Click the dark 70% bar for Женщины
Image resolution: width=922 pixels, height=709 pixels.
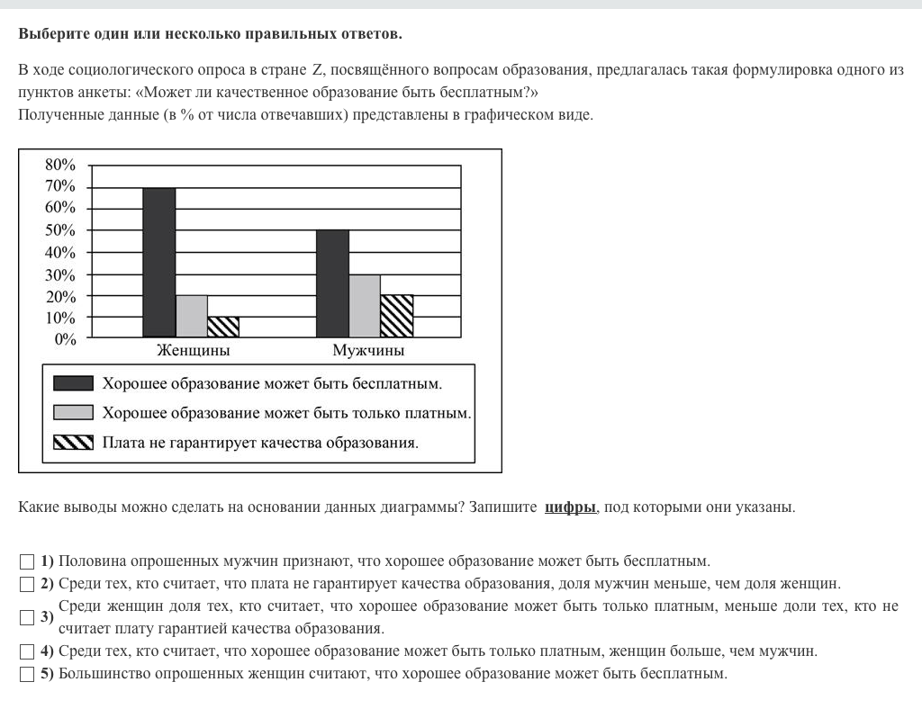159,262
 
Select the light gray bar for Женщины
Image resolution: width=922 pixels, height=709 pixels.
191,316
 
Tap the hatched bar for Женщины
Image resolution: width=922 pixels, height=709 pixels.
222,327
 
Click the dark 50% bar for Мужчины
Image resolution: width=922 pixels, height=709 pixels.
332,283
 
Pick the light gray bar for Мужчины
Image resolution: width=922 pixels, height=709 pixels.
365,306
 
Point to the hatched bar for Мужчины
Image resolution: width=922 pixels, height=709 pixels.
396,316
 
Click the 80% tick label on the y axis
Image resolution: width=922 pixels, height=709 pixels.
60,165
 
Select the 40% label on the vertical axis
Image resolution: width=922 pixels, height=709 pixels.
60,252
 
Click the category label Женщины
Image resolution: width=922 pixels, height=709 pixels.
193,351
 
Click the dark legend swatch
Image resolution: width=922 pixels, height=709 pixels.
74,383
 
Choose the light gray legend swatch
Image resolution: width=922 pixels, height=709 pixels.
74,413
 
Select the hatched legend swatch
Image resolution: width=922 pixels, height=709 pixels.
74,443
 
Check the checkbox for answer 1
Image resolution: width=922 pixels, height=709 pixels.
26,561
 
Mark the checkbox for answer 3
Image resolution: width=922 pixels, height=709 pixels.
26,617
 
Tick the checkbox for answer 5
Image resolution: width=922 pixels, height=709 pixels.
26,674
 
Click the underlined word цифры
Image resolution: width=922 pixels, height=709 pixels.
570,507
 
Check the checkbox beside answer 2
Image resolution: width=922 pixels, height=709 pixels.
26,584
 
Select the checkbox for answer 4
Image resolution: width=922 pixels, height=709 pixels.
26,651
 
